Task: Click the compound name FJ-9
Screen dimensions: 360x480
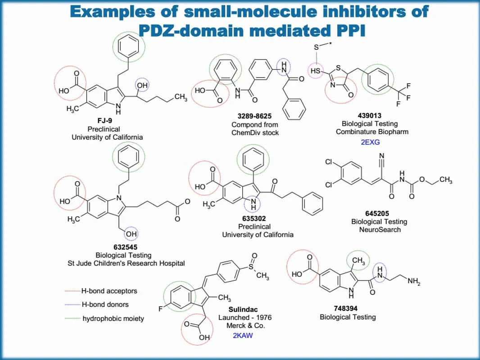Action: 102,121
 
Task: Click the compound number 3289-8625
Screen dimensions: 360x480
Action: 255,116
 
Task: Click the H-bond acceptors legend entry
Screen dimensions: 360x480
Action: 109,291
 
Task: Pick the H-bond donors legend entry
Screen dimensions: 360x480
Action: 105,305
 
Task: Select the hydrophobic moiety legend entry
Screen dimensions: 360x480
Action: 113,319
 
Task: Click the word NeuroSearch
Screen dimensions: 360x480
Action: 379,229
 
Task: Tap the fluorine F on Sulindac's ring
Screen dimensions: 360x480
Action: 160,309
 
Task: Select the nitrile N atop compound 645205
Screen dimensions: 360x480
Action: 381,157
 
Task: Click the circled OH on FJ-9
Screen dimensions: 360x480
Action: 142,85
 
